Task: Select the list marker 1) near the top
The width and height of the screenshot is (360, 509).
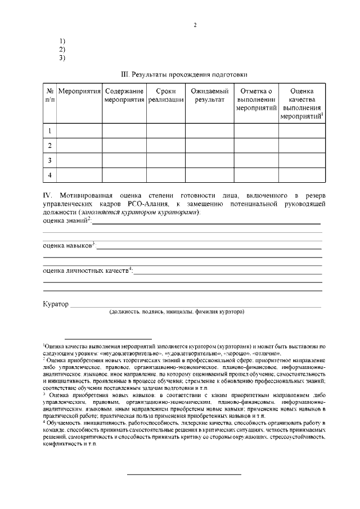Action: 62,41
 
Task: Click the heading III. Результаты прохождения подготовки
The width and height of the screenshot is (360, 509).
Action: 184,74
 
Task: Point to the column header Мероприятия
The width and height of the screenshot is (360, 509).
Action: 79,91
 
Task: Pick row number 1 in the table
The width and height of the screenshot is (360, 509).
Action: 49,131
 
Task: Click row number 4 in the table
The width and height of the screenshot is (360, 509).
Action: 49,175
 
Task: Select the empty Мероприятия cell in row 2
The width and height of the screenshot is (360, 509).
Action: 79,146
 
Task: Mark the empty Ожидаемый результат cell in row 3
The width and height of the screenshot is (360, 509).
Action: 209,160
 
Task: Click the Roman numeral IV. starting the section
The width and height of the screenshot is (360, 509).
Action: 48,195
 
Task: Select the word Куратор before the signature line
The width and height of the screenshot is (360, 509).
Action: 55,304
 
